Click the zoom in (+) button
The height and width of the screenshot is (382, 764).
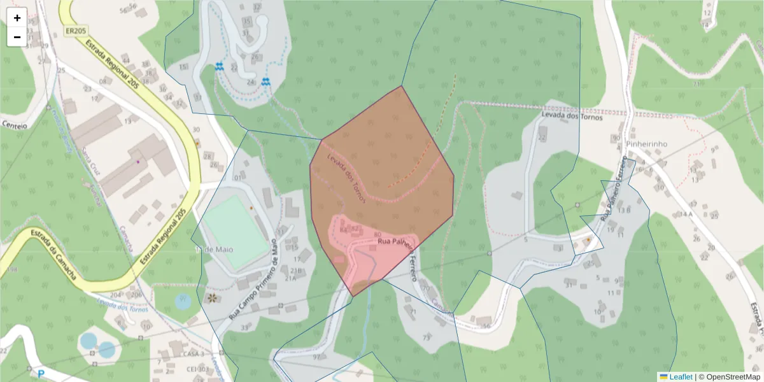tap(17, 17)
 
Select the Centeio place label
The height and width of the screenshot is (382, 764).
tap(14, 125)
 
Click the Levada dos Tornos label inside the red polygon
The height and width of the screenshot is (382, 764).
tap(347, 179)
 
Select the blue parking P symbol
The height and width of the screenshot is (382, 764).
tap(41, 374)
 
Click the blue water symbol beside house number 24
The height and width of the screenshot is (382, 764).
tap(265, 81)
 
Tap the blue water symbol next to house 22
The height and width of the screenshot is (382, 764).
tap(220, 66)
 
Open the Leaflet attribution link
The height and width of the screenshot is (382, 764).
tap(680, 377)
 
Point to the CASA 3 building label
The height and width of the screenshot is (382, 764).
tap(192, 354)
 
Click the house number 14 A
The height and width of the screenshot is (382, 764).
tap(685, 215)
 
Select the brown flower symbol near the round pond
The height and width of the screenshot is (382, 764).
tap(212, 298)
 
